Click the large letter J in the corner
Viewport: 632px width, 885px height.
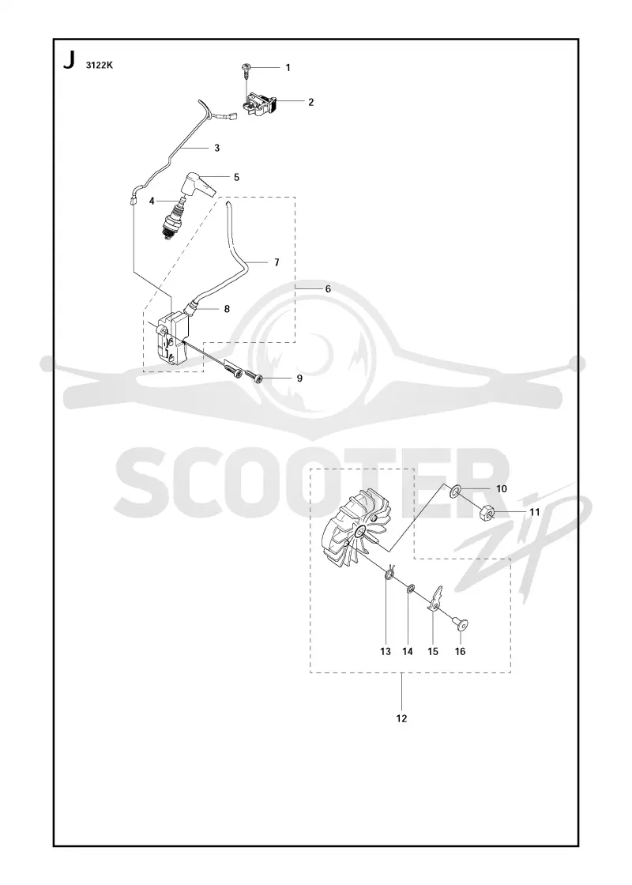click(70, 60)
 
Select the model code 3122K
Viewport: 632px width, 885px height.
click(100, 65)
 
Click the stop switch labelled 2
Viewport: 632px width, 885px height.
click(260, 105)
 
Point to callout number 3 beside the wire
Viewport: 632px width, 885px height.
click(216, 148)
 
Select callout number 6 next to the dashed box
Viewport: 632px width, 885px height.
click(328, 288)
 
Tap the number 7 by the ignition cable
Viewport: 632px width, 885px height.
click(276, 262)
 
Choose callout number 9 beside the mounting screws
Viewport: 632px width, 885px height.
click(299, 378)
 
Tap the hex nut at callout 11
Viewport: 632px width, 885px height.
click(488, 513)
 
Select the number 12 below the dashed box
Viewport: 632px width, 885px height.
click(401, 718)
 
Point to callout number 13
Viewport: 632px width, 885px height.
click(386, 651)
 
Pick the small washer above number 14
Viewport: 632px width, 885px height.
click(410, 589)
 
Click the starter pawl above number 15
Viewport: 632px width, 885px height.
click(435, 598)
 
